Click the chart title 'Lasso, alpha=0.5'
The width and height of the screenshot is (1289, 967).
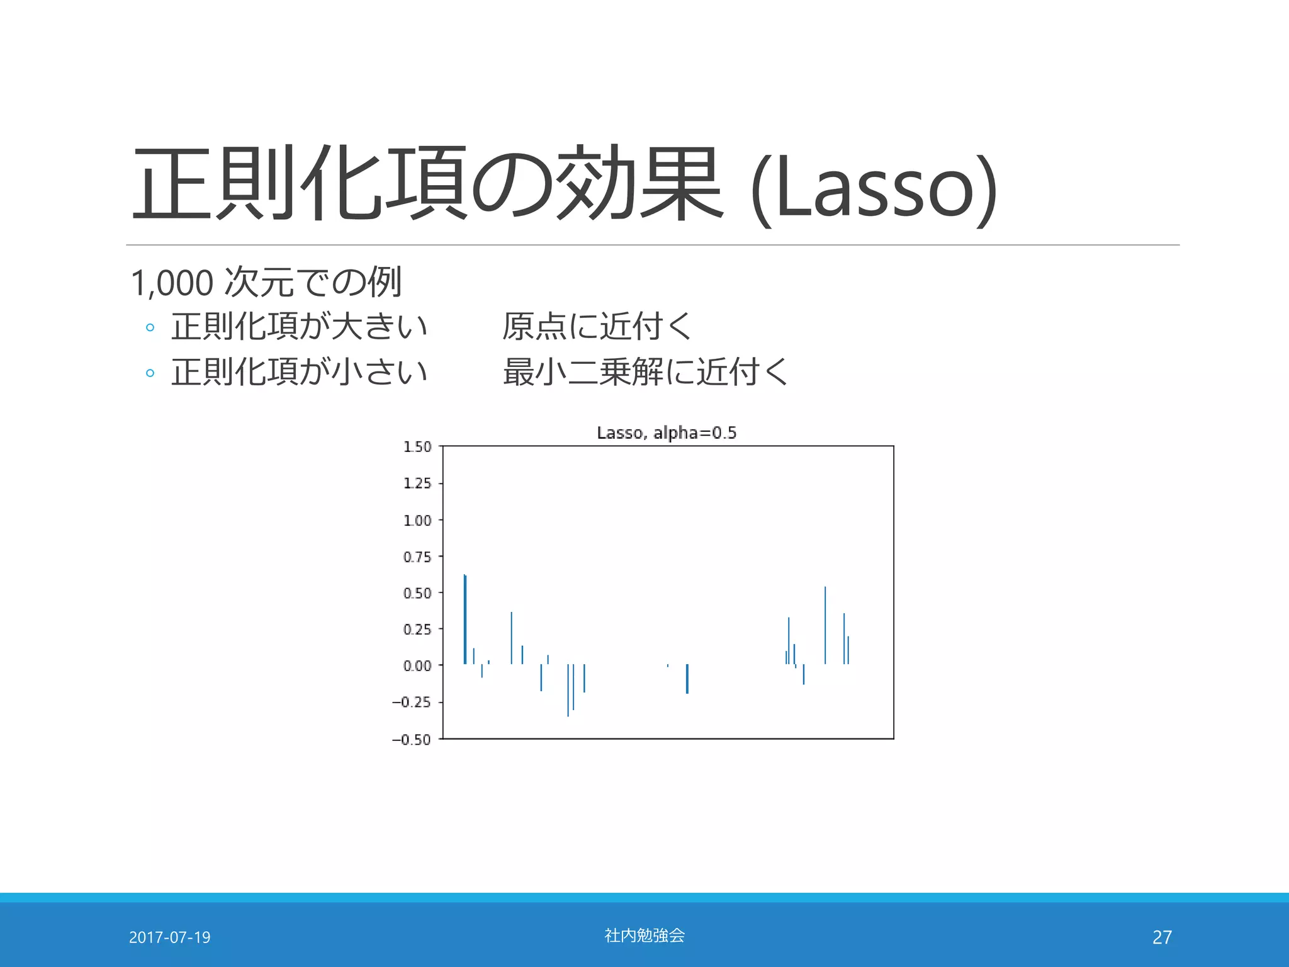point(667,433)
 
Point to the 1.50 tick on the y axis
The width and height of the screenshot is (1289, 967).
point(417,447)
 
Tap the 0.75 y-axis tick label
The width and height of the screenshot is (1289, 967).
point(417,557)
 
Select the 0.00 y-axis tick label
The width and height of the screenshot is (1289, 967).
point(417,666)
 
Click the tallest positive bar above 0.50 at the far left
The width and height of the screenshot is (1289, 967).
point(465,619)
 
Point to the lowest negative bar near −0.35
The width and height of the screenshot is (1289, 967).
point(568,690)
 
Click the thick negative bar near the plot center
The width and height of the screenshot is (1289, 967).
point(687,679)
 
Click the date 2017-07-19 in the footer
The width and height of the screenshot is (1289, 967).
point(169,937)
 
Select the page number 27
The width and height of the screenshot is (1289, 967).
point(1162,937)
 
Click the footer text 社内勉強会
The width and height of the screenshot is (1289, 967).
point(644,936)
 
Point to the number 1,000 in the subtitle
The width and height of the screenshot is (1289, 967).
point(172,283)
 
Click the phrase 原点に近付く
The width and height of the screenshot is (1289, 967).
point(597,327)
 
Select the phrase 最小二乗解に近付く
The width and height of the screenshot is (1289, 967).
point(645,372)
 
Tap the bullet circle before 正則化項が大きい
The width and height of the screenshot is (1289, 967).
point(150,327)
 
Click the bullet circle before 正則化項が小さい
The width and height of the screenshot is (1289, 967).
point(150,373)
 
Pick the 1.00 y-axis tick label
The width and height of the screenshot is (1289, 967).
point(417,521)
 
